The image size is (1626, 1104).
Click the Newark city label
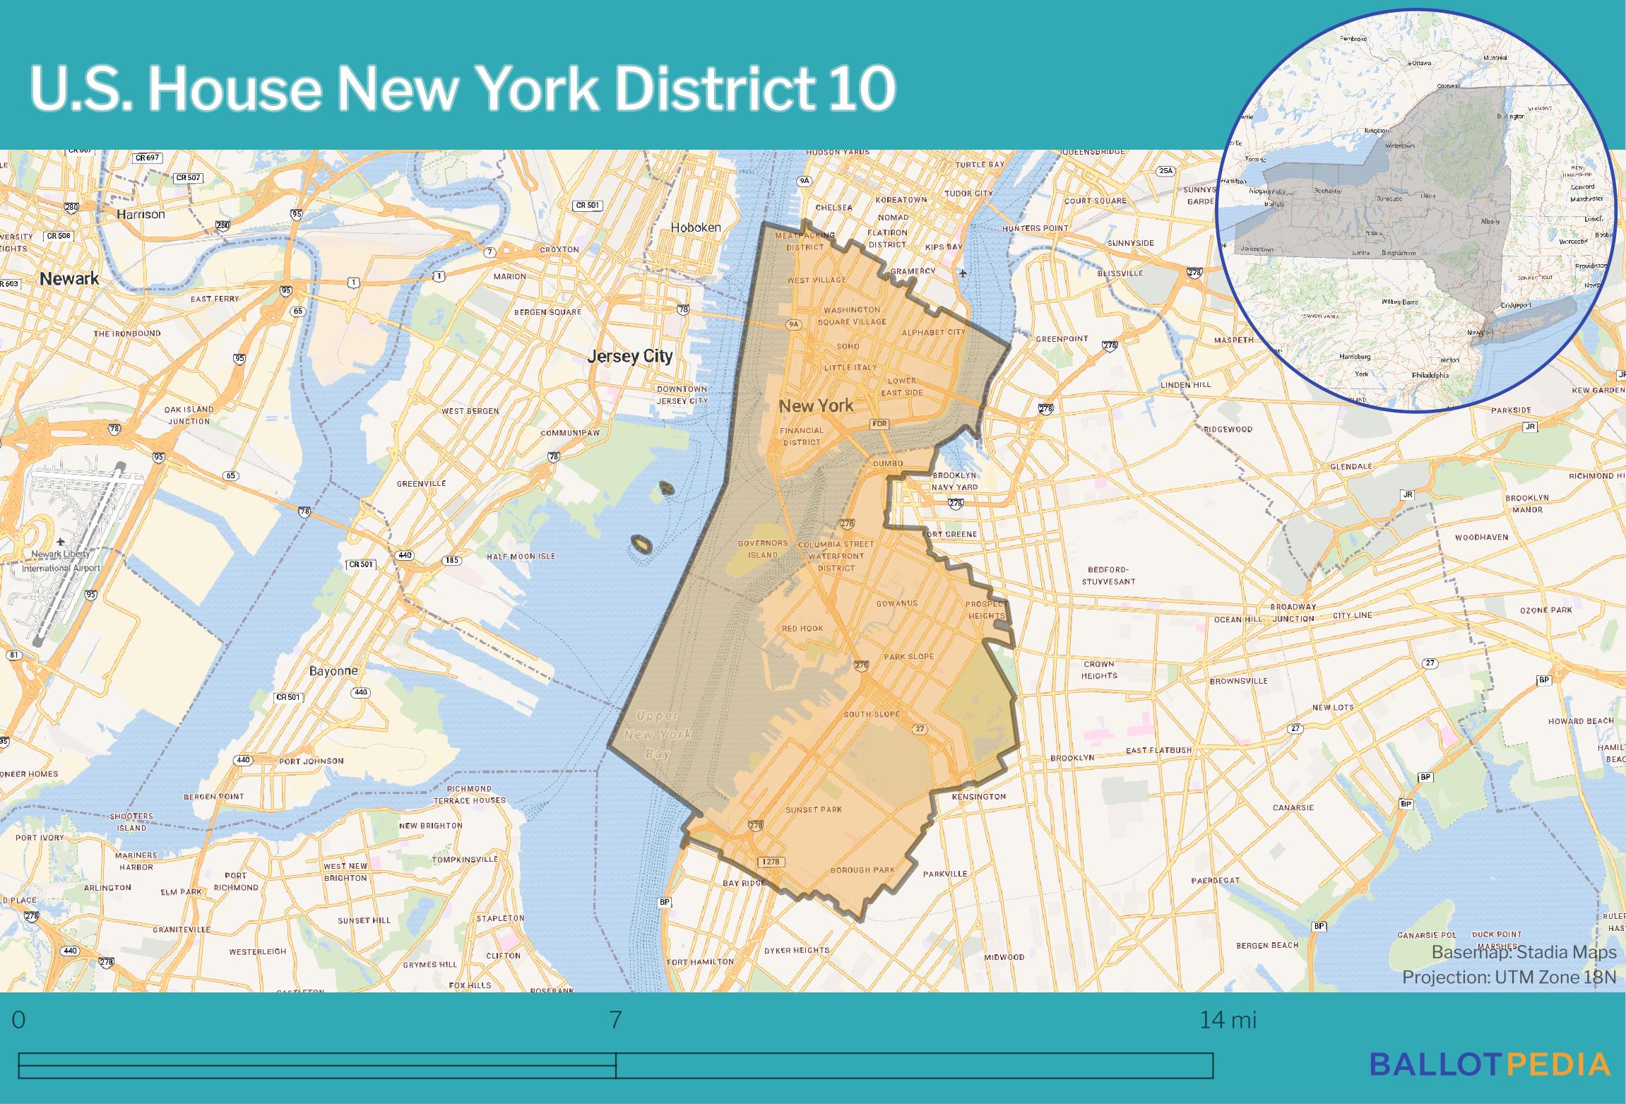pyautogui.click(x=69, y=278)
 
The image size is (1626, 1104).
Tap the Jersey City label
pyautogui.click(x=630, y=356)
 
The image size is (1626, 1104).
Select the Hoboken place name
pyautogui.click(x=696, y=227)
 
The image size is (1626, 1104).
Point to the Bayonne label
pyautogui.click(x=333, y=670)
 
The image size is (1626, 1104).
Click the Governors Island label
pyautogui.click(x=763, y=549)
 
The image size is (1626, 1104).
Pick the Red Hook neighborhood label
pyautogui.click(x=802, y=628)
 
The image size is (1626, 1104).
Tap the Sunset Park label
pyautogui.click(x=814, y=809)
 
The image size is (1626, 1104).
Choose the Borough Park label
pyautogui.click(x=862, y=869)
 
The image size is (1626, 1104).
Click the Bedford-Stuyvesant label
pyautogui.click(x=1108, y=575)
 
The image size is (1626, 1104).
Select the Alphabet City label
pyautogui.click(x=933, y=332)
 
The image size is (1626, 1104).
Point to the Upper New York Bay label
pyautogui.click(x=658, y=735)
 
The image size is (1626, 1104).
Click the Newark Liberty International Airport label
pyautogui.click(x=61, y=561)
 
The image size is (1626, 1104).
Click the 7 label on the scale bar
pyautogui.click(x=615, y=1021)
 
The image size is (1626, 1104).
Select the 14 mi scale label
pyautogui.click(x=1228, y=1021)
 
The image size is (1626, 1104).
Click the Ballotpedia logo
pyautogui.click(x=1489, y=1064)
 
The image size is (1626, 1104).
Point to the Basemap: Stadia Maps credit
pyautogui.click(x=1524, y=952)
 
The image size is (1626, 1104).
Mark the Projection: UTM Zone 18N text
pyautogui.click(x=1509, y=977)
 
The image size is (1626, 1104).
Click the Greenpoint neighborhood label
pyautogui.click(x=1062, y=339)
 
